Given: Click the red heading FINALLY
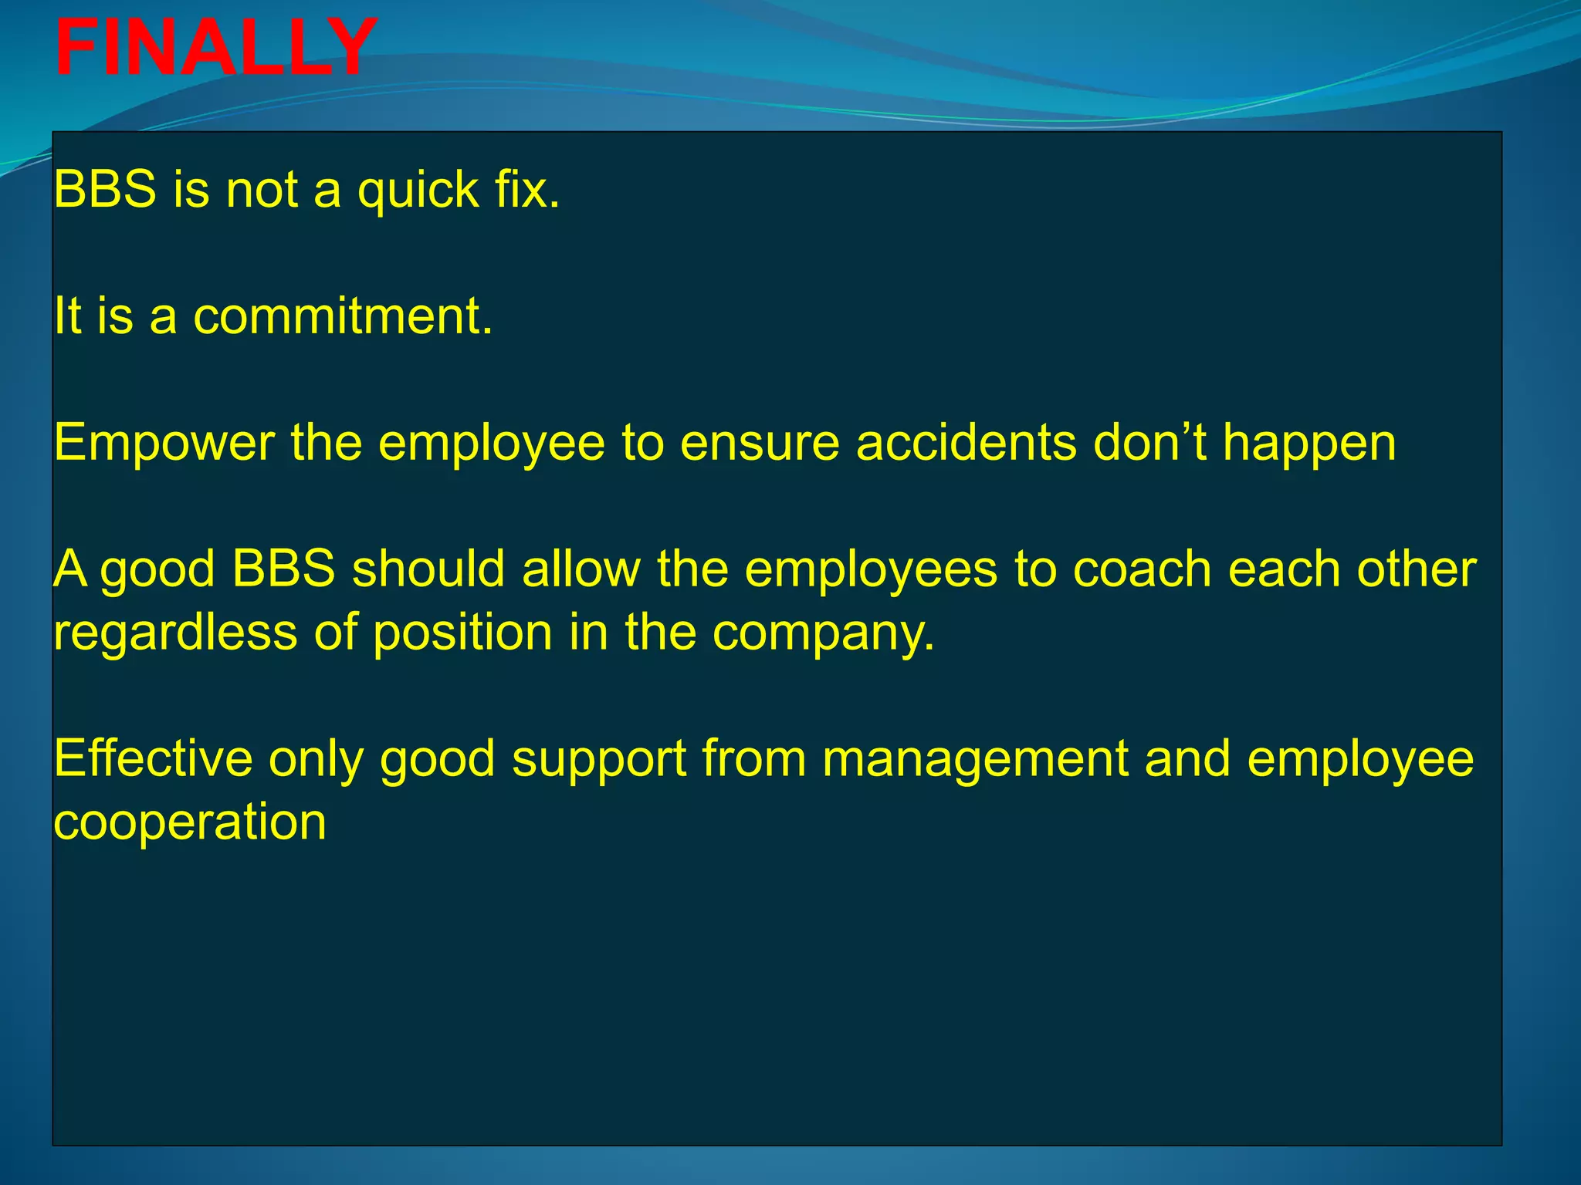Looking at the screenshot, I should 216,48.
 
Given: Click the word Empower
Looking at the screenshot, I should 164,444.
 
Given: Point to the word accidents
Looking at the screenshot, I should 966,444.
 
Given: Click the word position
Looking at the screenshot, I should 463,634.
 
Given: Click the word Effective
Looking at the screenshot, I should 153,759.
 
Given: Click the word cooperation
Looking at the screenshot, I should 190,824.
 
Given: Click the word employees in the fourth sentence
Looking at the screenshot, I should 872,572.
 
